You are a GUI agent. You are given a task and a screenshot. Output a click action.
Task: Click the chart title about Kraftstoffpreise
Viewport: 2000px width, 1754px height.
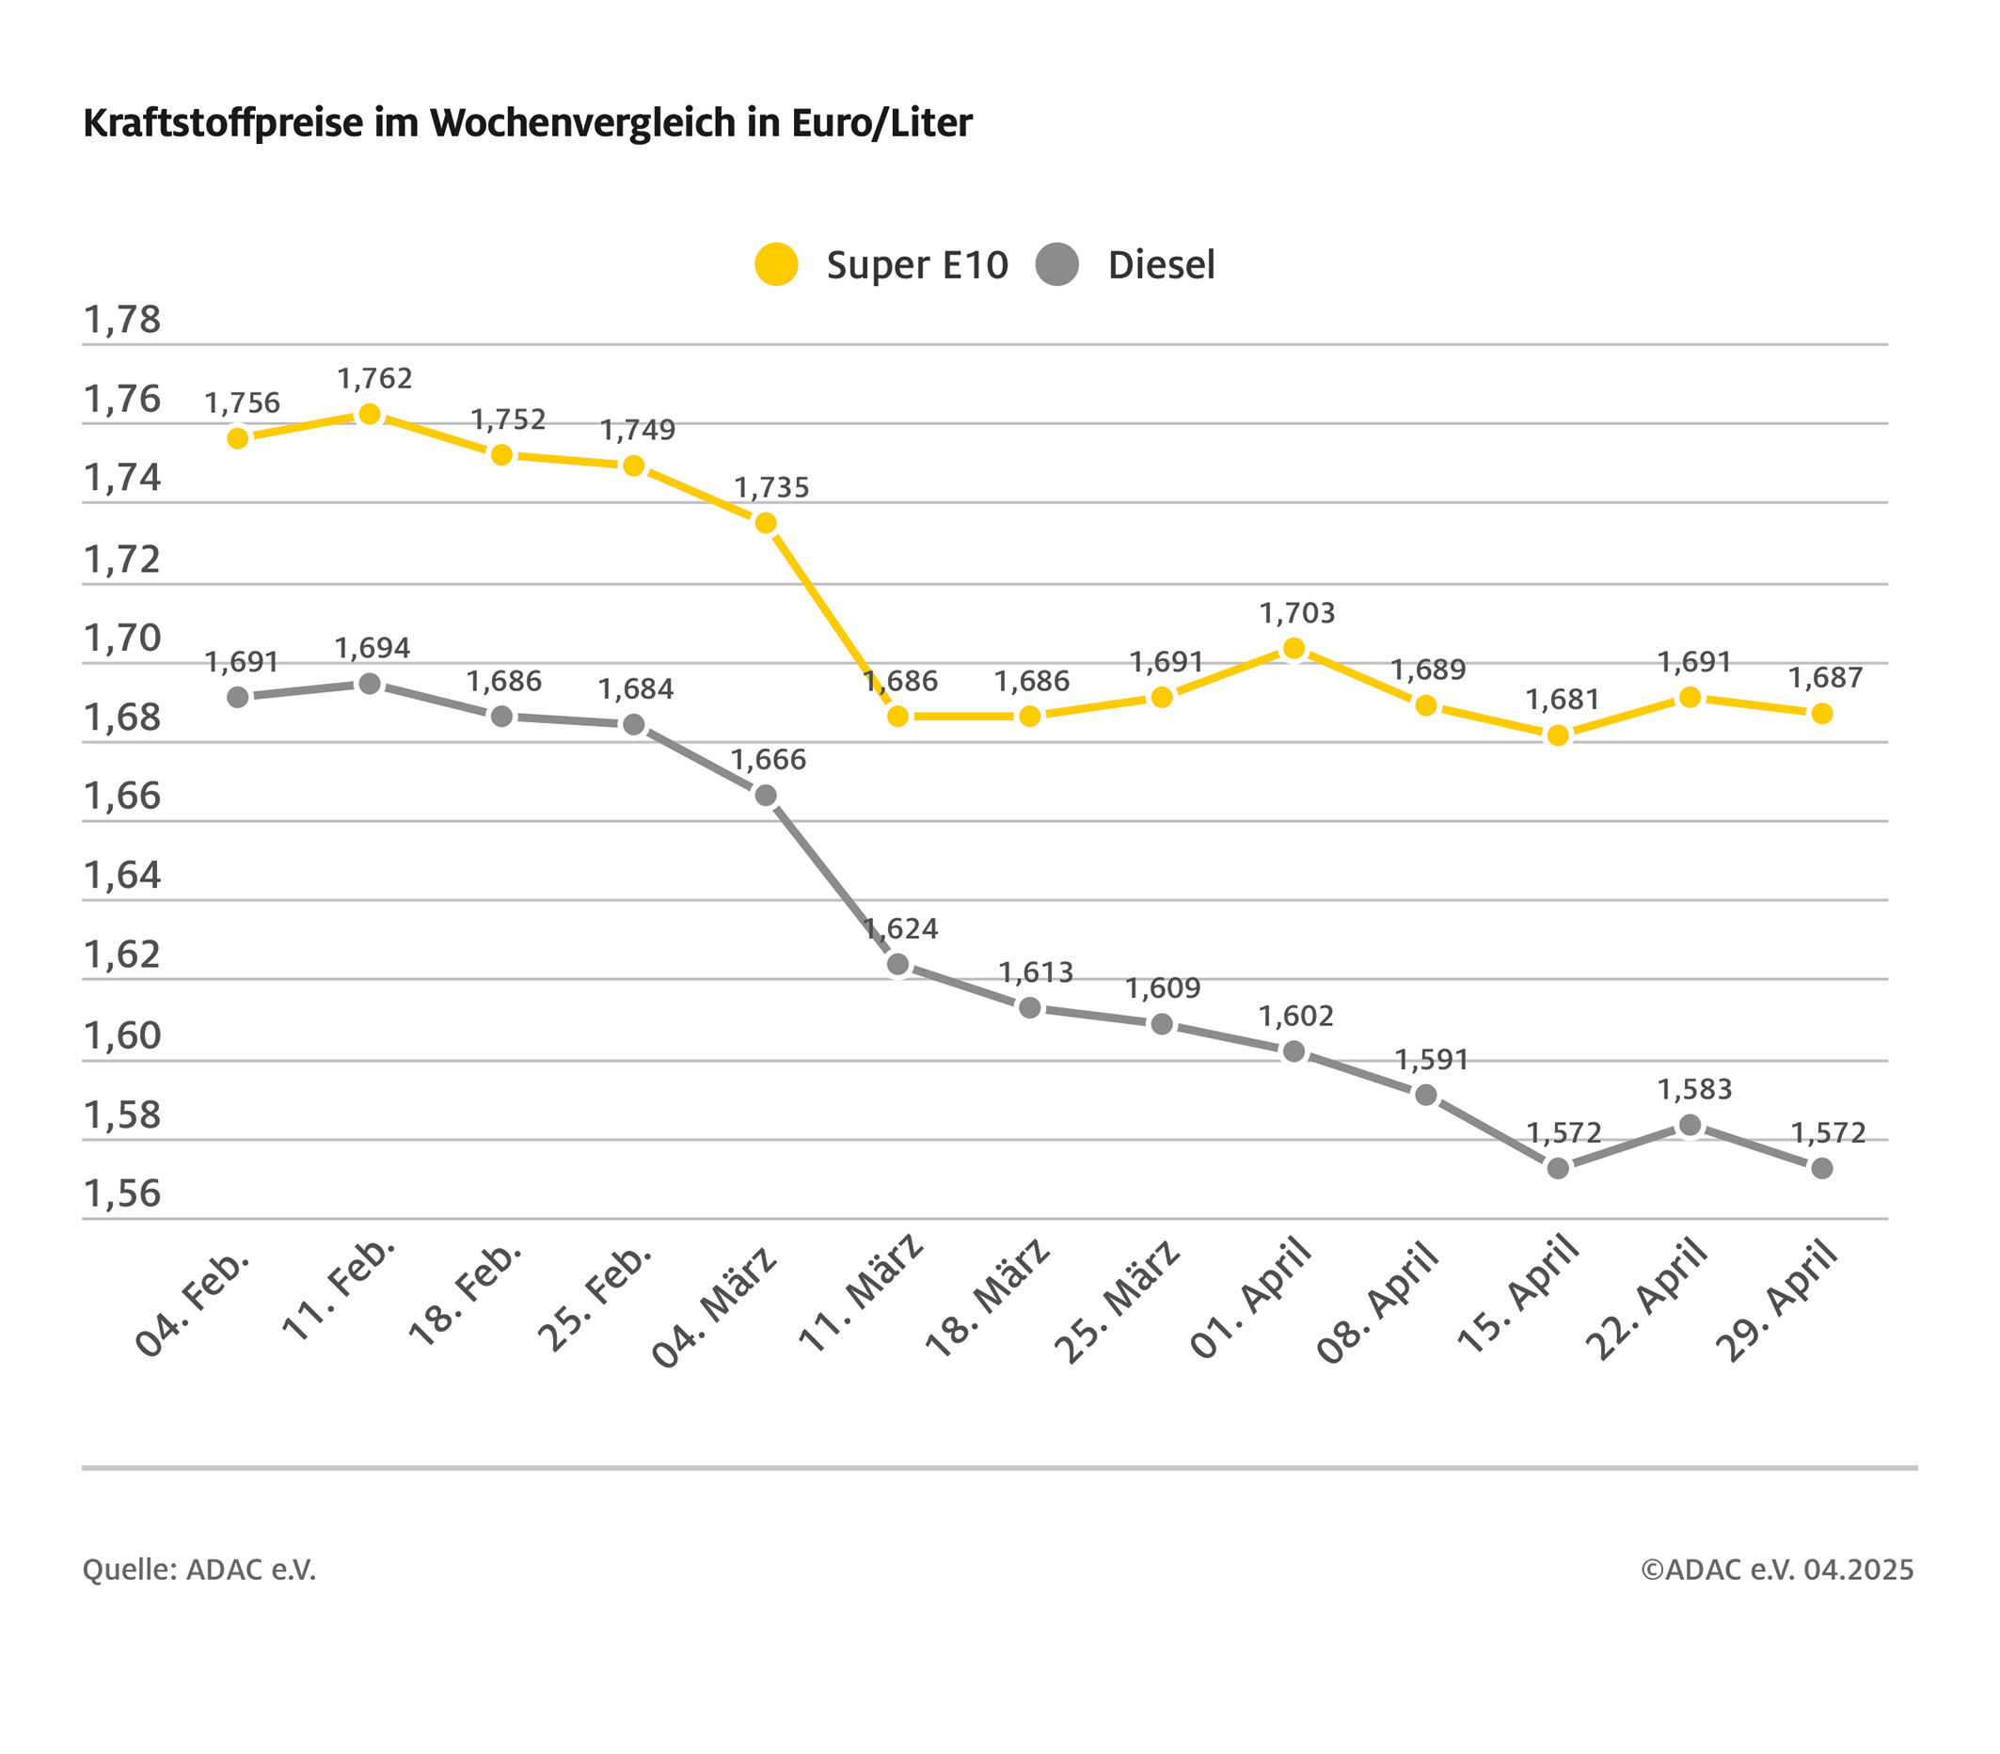click(x=528, y=123)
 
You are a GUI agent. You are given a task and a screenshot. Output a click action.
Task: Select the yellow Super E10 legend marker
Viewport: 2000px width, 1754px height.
click(x=776, y=264)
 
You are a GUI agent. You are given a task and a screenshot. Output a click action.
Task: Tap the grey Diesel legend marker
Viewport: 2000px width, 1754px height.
click(x=1056, y=264)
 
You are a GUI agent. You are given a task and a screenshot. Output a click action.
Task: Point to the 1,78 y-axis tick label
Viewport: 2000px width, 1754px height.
click(x=121, y=320)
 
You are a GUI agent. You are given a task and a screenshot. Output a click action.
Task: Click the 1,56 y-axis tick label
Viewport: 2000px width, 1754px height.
click(x=121, y=1193)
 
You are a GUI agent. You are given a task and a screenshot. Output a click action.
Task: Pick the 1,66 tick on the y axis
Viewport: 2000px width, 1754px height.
click(x=121, y=797)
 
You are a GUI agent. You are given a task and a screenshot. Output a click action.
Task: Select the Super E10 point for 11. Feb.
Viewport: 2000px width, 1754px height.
click(x=370, y=415)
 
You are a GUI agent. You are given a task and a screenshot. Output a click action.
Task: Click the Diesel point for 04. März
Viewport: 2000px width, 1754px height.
click(x=766, y=797)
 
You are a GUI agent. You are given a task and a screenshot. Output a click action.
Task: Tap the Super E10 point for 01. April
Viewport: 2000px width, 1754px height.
click(x=1294, y=649)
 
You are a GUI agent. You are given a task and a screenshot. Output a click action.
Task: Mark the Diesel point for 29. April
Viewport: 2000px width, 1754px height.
click(x=1822, y=1168)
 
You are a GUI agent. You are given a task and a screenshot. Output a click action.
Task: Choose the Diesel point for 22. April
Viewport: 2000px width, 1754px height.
click(x=1690, y=1126)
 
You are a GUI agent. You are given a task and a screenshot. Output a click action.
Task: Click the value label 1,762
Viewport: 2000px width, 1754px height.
click(x=374, y=379)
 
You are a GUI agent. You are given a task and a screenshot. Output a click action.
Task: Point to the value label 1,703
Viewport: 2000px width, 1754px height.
click(x=1296, y=613)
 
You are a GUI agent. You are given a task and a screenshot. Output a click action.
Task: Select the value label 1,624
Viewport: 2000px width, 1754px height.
click(x=901, y=928)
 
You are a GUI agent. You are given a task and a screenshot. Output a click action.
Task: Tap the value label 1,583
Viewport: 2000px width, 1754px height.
click(x=1694, y=1090)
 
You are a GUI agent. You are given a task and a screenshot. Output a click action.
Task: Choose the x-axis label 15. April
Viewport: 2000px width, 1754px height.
click(x=1517, y=1295)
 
